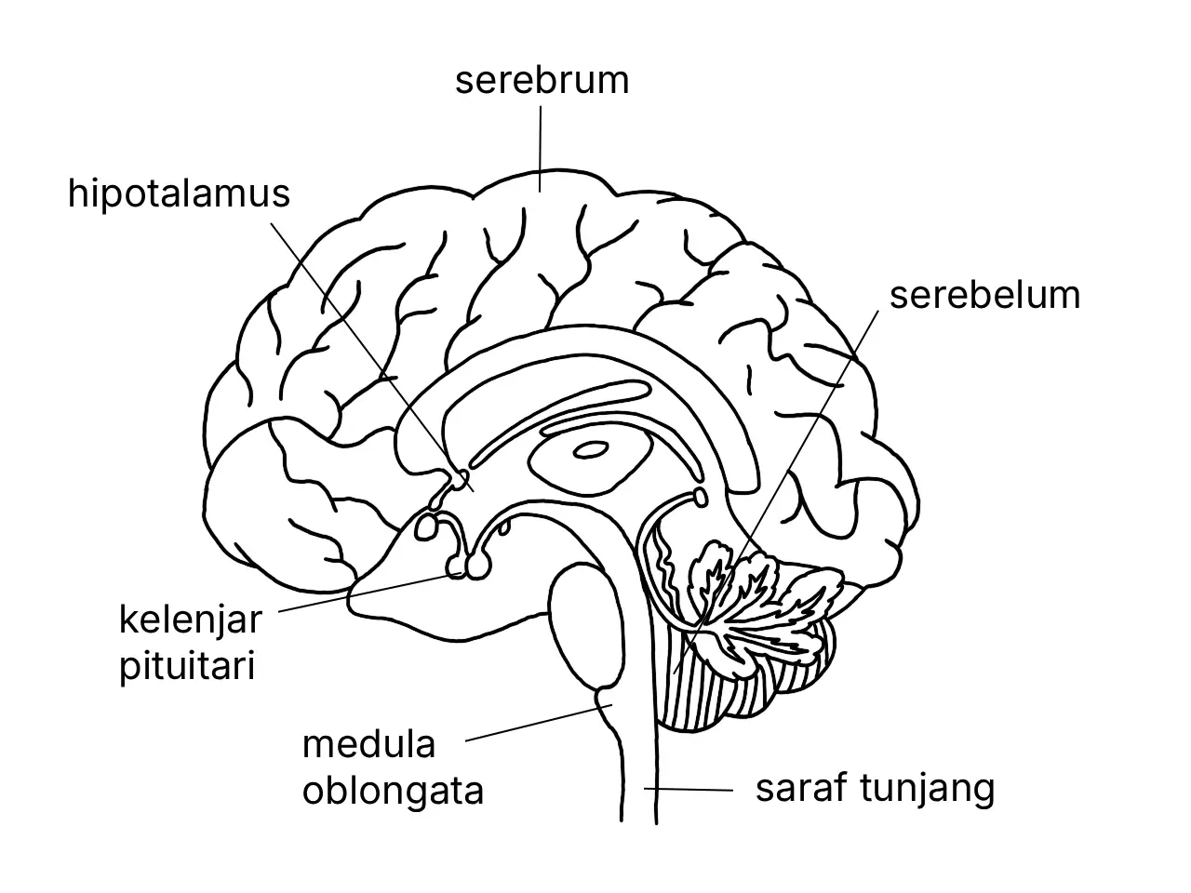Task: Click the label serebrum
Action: [542, 80]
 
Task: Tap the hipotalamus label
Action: [179, 193]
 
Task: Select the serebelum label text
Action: [984, 296]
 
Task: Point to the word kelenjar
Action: [191, 620]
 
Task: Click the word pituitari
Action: [187, 666]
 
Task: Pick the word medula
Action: [369, 744]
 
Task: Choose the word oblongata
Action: [393, 791]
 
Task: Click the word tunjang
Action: [928, 790]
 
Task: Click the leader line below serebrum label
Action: [540, 149]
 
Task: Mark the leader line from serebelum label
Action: [776, 492]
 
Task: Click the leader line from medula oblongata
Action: [539, 723]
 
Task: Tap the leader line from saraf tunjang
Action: [689, 790]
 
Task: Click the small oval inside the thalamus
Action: [590, 450]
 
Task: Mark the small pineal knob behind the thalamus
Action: [701, 498]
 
